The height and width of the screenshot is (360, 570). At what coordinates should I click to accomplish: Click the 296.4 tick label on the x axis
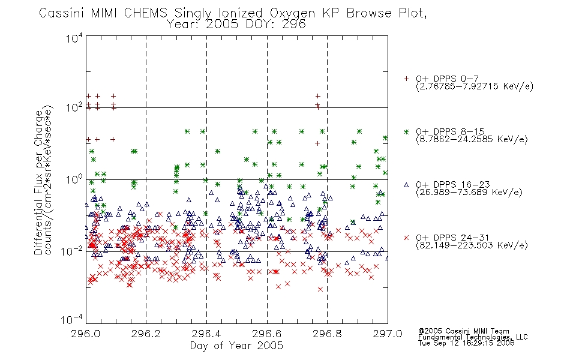pyautogui.click(x=206, y=334)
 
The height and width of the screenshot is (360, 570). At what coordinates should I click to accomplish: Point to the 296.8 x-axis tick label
pyautogui.click(x=327, y=334)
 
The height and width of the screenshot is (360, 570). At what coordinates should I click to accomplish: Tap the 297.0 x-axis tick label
pyautogui.click(x=388, y=334)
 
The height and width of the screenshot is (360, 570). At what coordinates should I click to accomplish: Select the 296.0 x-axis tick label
pyautogui.click(x=86, y=334)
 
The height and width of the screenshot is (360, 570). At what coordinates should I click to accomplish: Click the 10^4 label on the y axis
pyautogui.click(x=74, y=38)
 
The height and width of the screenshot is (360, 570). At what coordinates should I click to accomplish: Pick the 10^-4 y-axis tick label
pyautogui.click(x=72, y=319)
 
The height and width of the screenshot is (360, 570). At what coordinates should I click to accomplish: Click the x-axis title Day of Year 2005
pyautogui.click(x=236, y=346)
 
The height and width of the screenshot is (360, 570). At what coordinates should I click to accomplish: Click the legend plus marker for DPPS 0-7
pyautogui.click(x=406, y=79)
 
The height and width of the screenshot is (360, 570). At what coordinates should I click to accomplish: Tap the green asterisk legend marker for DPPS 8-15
pyautogui.click(x=406, y=131)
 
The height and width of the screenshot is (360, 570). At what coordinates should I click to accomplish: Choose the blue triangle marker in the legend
pyautogui.click(x=406, y=185)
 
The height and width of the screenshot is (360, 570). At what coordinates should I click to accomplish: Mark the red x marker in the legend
pyautogui.click(x=406, y=238)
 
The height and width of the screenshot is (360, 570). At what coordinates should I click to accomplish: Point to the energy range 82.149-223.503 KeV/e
pyautogui.click(x=472, y=245)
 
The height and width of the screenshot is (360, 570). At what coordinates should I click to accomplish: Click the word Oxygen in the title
pyautogui.click(x=292, y=13)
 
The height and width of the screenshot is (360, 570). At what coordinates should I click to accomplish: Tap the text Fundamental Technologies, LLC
pyautogui.click(x=473, y=337)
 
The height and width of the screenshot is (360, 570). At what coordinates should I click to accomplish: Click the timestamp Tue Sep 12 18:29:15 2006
pyautogui.click(x=466, y=343)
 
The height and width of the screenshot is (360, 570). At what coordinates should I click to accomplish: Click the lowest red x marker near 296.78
pyautogui.click(x=320, y=289)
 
